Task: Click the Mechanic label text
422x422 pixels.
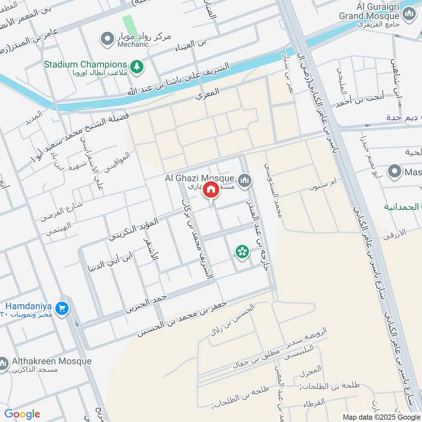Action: click(133, 44)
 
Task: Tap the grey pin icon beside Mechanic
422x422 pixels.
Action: click(108, 38)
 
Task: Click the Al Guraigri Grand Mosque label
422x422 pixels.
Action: click(372, 11)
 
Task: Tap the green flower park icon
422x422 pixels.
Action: click(242, 252)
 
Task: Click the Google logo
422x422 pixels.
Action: click(22, 414)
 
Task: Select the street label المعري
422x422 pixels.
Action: click(207, 95)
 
